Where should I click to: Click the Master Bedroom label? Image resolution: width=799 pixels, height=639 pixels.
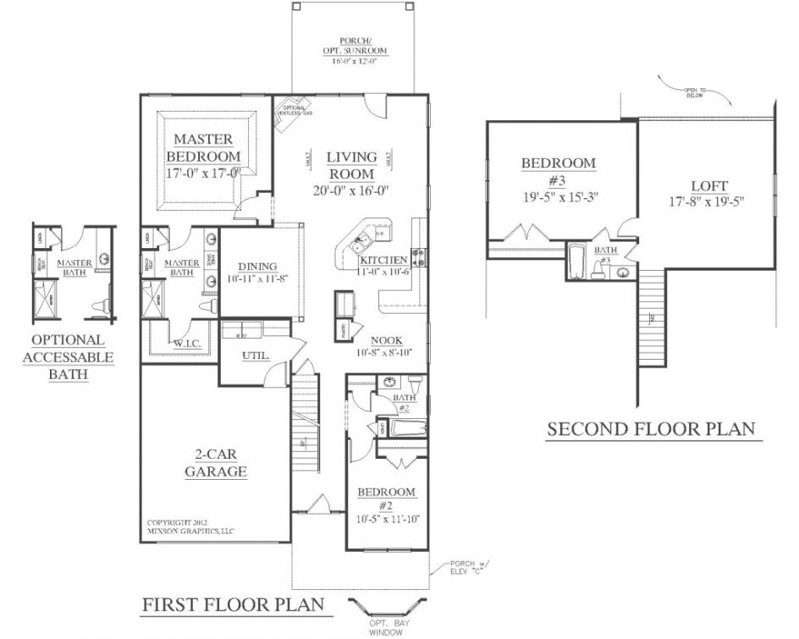click(x=203, y=147)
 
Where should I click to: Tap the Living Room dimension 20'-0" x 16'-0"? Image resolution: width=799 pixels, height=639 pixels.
click(x=351, y=190)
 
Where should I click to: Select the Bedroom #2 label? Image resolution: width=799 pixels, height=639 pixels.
click(x=385, y=499)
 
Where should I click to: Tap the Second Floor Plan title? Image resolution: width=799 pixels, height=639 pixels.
click(x=650, y=429)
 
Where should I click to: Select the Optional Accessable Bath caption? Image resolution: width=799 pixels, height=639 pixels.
click(x=68, y=357)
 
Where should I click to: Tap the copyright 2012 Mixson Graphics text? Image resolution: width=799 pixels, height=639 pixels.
click(x=190, y=526)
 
